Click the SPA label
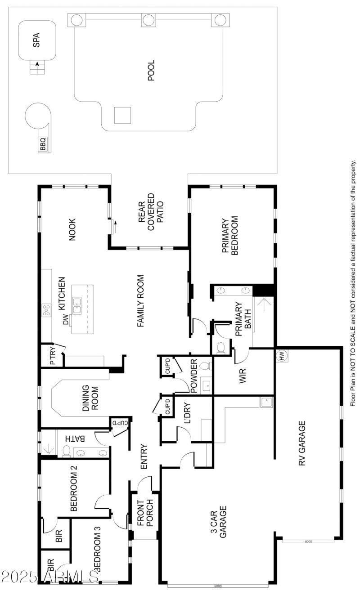37,40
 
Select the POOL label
151,70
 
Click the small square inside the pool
122,115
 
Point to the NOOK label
72,229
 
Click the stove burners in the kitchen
46,310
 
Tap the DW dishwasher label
66,320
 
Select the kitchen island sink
77,305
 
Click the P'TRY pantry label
52,356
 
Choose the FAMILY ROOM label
140,301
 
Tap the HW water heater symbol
282,356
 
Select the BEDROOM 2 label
74,489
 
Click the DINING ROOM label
90,397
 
